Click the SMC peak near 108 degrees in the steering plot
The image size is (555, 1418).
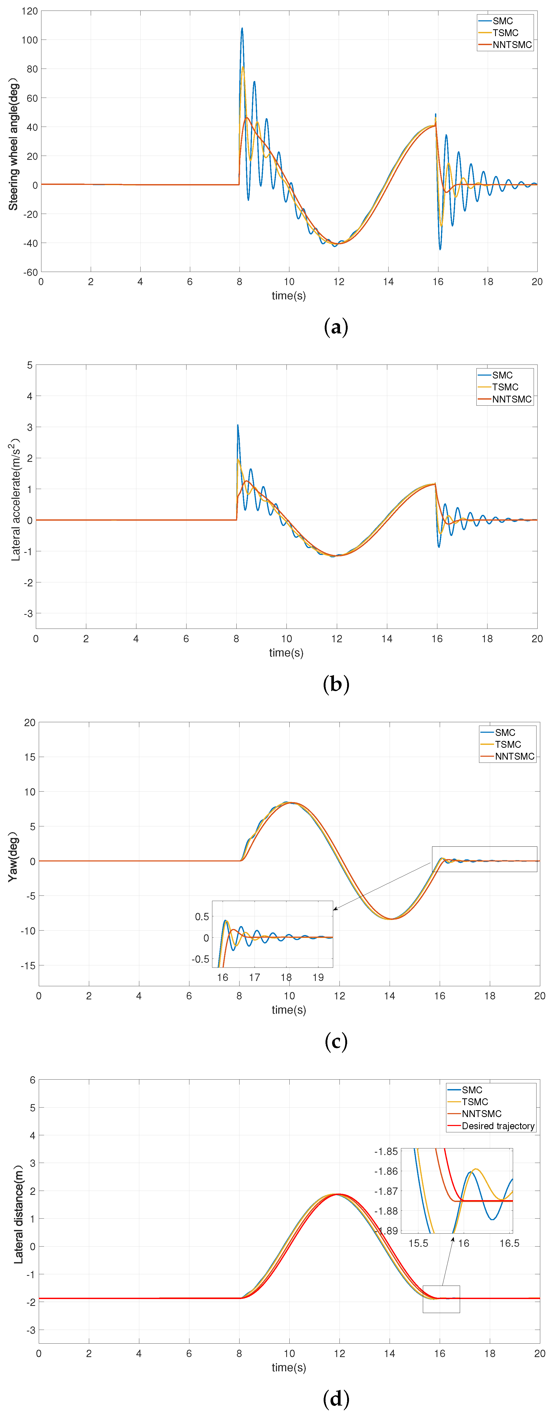(242, 29)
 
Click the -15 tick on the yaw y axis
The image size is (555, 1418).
(27, 966)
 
